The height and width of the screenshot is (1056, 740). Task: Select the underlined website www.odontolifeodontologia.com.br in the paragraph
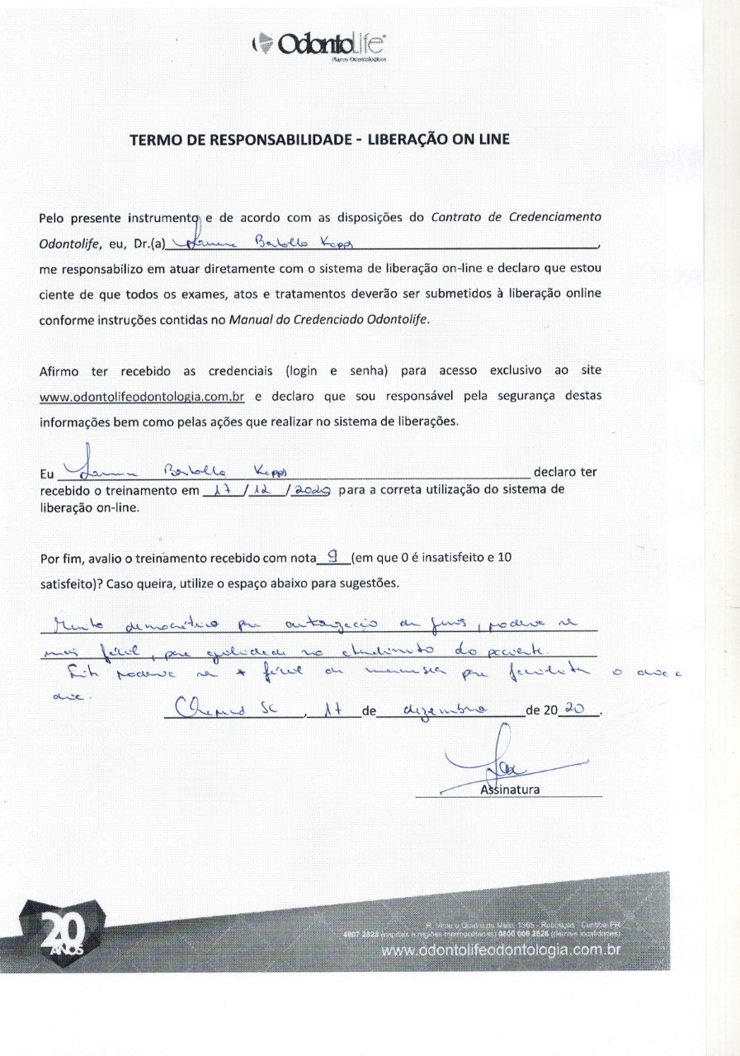(x=143, y=396)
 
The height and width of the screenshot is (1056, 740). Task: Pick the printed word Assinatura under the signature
(x=509, y=790)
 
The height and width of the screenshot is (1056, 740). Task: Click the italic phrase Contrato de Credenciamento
(x=516, y=218)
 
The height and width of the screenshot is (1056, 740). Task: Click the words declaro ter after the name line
(x=565, y=473)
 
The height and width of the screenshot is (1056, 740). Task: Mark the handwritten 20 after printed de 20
(x=585, y=710)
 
